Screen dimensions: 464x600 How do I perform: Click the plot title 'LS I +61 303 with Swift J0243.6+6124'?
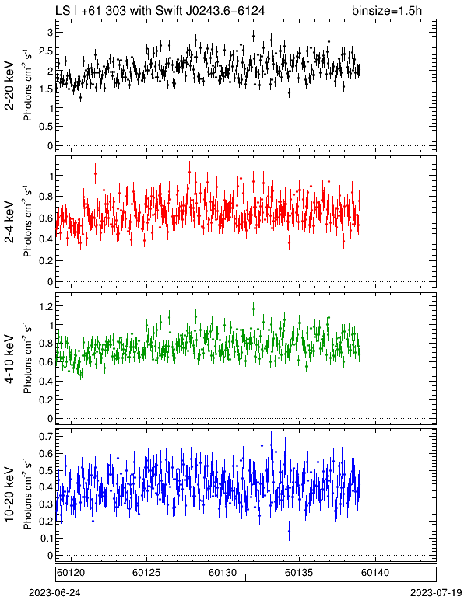[160, 10]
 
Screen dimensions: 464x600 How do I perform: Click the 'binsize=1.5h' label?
[387, 10]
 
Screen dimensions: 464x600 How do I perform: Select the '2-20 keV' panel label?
[9, 85]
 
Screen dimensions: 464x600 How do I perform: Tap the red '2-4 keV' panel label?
[9, 222]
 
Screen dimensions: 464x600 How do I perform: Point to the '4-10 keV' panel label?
[9, 359]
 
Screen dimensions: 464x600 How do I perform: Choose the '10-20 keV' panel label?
[9, 494]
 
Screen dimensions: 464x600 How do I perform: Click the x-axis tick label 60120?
[71, 573]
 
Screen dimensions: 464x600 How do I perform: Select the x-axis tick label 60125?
[146, 573]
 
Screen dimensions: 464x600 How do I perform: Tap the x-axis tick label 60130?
[223, 573]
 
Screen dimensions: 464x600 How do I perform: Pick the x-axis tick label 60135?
[299, 573]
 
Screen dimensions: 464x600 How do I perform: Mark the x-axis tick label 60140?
[375, 573]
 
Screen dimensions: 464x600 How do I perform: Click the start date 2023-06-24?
[54, 593]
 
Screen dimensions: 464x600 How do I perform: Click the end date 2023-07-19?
[436, 593]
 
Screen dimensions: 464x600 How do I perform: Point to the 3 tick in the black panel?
[50, 33]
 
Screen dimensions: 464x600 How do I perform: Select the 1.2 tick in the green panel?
[47, 306]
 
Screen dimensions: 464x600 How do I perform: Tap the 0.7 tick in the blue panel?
[47, 436]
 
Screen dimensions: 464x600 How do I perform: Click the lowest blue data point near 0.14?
[289, 531]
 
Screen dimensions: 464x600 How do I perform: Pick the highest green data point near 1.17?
[253, 309]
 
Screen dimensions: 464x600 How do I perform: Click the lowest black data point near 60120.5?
[80, 98]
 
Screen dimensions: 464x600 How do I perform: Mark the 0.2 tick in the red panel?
[47, 261]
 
